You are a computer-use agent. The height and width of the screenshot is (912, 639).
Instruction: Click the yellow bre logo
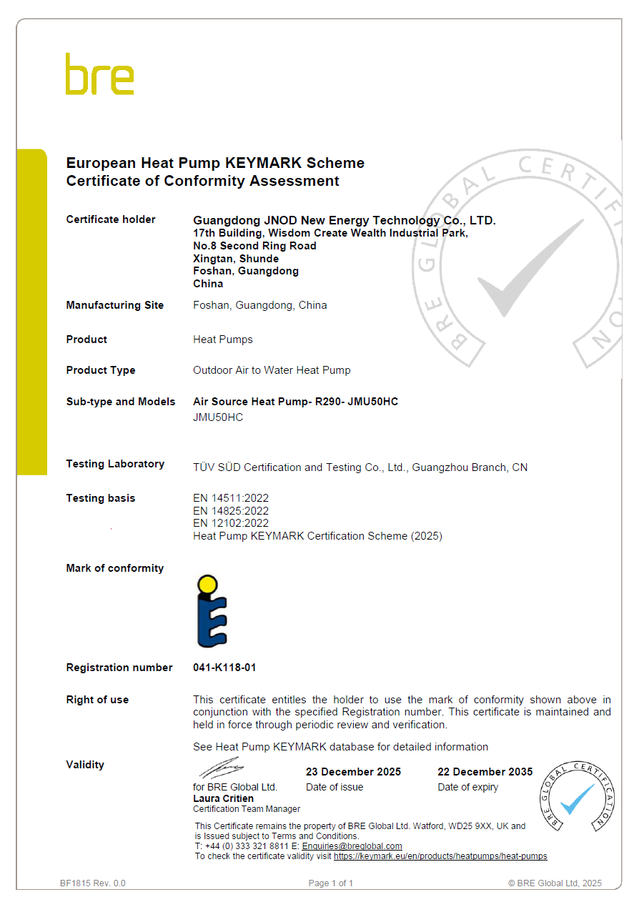pyautogui.click(x=99, y=74)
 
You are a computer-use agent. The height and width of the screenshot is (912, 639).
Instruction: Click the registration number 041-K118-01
pyautogui.click(x=224, y=668)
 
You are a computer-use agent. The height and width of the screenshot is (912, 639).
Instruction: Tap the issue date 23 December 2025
pyautogui.click(x=353, y=772)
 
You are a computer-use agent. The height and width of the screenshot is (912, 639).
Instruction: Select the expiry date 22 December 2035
pyautogui.click(x=485, y=772)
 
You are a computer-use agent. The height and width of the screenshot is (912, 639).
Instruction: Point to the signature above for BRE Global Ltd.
pyautogui.click(x=222, y=769)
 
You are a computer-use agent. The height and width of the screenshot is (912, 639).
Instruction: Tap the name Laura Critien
pyautogui.click(x=223, y=798)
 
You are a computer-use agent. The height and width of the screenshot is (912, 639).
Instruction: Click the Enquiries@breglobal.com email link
pyautogui.click(x=352, y=846)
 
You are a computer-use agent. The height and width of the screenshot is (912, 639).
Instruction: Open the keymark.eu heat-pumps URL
pyautogui.click(x=440, y=856)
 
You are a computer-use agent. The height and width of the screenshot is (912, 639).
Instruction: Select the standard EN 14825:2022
pyautogui.click(x=231, y=511)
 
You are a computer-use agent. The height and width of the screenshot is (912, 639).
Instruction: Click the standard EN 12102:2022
pyautogui.click(x=231, y=523)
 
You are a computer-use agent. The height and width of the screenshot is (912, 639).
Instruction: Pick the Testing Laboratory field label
pyautogui.click(x=115, y=464)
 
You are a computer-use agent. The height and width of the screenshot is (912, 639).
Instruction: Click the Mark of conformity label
pyautogui.click(x=115, y=568)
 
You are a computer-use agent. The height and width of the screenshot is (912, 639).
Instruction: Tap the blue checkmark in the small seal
pyautogui.click(x=577, y=798)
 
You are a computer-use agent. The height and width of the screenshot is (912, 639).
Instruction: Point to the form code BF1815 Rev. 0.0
pyautogui.click(x=93, y=883)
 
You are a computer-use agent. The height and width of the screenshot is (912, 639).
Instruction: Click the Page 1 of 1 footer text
pyautogui.click(x=331, y=883)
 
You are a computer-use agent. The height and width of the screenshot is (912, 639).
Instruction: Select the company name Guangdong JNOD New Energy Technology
pyautogui.click(x=344, y=220)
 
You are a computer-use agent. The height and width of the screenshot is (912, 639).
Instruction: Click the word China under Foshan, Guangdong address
pyautogui.click(x=208, y=284)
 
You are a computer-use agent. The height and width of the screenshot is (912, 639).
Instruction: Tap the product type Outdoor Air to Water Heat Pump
pyautogui.click(x=272, y=370)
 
